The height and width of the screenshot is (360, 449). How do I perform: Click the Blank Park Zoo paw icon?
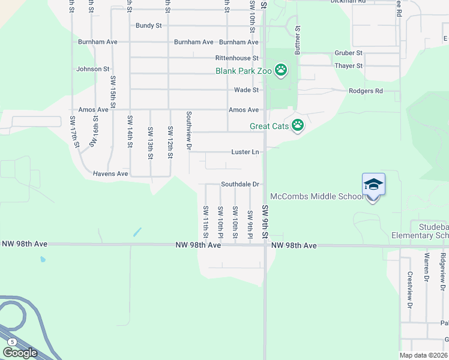(281, 71)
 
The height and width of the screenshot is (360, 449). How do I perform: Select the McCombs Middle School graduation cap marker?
(373, 184)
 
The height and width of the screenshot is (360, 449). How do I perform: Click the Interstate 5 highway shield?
(11, 341)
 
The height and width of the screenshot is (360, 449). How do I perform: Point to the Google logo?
(20, 353)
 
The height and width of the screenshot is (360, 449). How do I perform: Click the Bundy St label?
(149, 26)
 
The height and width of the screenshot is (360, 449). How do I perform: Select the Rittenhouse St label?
(237, 58)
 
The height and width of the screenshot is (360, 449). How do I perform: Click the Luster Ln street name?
(245, 152)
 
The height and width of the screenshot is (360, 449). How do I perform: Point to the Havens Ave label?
(110, 173)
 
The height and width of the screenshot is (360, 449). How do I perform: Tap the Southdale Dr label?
(240, 184)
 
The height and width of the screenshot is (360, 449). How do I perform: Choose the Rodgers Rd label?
(365, 91)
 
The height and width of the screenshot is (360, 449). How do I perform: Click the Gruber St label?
(349, 53)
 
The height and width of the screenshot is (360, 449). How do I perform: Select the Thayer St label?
(349, 65)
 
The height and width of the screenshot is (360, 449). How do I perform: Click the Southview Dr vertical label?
(188, 131)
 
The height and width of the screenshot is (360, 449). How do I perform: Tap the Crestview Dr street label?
(410, 290)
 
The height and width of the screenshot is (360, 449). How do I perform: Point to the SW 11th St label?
(205, 220)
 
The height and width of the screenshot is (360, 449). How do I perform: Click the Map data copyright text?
(424, 355)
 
